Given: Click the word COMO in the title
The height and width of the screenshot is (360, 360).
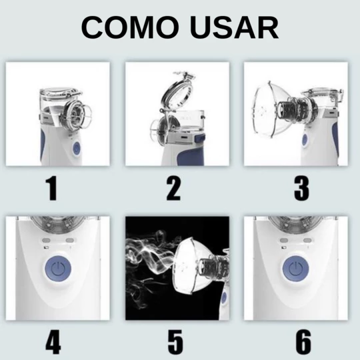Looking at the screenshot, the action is [x=130, y=27].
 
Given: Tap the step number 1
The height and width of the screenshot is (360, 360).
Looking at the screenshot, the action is [x=51, y=189].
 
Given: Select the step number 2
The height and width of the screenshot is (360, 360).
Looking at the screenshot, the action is [x=173, y=189].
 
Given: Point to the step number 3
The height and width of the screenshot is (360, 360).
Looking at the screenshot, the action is [x=302, y=189].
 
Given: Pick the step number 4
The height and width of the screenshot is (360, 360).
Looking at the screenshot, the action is [x=53, y=342].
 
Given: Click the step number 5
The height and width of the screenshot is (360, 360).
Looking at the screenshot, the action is [x=175, y=342].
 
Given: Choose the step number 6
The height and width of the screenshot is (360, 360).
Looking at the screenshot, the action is [x=303, y=342].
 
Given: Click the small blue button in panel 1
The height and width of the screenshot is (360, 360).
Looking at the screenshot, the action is [x=76, y=147].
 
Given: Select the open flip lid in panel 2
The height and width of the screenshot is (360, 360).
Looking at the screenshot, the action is [x=177, y=92].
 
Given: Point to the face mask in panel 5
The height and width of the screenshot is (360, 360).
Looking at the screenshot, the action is [x=192, y=263].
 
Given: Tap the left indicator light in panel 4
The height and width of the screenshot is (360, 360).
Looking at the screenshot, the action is [x=46, y=241].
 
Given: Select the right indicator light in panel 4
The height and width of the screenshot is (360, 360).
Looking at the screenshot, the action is [x=70, y=241].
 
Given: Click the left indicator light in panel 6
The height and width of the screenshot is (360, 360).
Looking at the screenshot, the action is [x=284, y=241].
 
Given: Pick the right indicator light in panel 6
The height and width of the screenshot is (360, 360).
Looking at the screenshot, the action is [x=307, y=241].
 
